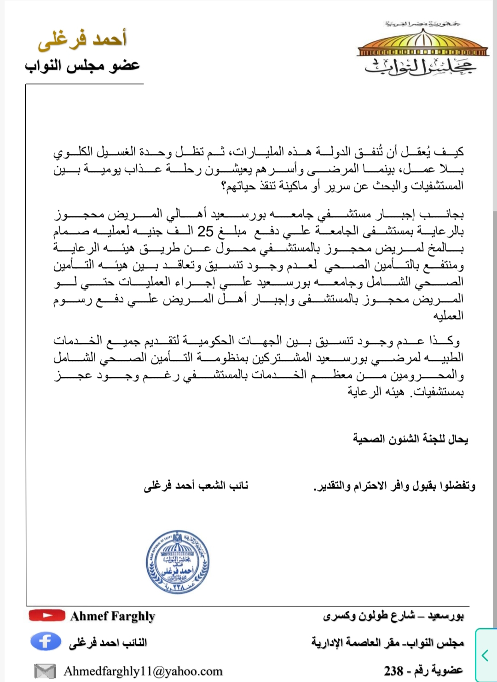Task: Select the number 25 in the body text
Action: [x=205, y=231]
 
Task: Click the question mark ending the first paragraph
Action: [x=224, y=187]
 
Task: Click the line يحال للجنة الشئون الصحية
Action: [x=410, y=439]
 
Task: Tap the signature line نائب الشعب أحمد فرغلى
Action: [x=196, y=485]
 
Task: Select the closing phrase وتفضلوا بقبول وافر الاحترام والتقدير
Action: [x=394, y=486]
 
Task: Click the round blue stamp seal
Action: [x=178, y=562]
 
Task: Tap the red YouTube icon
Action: [x=47, y=615]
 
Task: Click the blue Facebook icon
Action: [x=46, y=641]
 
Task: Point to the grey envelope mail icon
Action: [x=45, y=671]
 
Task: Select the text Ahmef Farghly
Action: [x=113, y=616]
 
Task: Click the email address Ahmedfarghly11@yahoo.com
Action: [x=143, y=671]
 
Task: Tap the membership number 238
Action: [x=394, y=671]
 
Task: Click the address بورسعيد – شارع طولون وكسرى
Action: [x=393, y=615]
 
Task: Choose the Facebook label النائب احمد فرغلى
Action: [x=108, y=642]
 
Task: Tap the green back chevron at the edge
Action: [x=485, y=654]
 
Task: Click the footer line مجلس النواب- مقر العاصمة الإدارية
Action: [x=387, y=642]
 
